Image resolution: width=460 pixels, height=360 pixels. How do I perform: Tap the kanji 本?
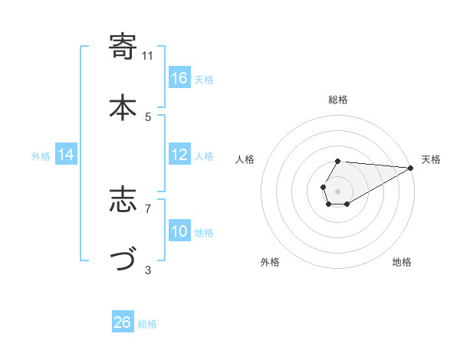coord(123,108)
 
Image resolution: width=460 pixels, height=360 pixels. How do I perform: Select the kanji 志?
coord(123,200)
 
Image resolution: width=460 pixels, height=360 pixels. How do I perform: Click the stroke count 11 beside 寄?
coord(148,55)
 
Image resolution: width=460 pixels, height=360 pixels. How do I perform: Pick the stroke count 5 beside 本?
coord(148,116)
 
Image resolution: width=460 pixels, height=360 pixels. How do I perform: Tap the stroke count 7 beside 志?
coord(148,208)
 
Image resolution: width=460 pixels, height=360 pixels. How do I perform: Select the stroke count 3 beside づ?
coord(148,269)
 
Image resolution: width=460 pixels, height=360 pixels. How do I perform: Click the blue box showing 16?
coord(179,78)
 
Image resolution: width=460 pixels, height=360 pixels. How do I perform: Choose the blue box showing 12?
coord(179,155)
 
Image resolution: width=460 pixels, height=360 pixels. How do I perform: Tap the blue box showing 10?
coord(179,231)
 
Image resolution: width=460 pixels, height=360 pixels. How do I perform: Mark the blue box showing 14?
coord(67,155)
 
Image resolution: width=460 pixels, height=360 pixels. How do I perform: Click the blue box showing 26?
coord(123,322)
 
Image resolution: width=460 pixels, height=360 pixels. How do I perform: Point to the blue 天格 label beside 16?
coord(204,79)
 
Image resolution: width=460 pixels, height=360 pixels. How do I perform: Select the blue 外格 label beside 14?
coord(41,155)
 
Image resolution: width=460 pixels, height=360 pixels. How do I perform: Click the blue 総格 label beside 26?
coord(147,323)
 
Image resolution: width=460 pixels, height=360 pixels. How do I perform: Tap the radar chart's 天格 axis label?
coord(431,159)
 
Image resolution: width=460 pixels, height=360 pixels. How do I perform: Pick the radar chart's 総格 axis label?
coord(337,100)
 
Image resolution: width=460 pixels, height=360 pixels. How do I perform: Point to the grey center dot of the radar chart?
coord(337,190)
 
